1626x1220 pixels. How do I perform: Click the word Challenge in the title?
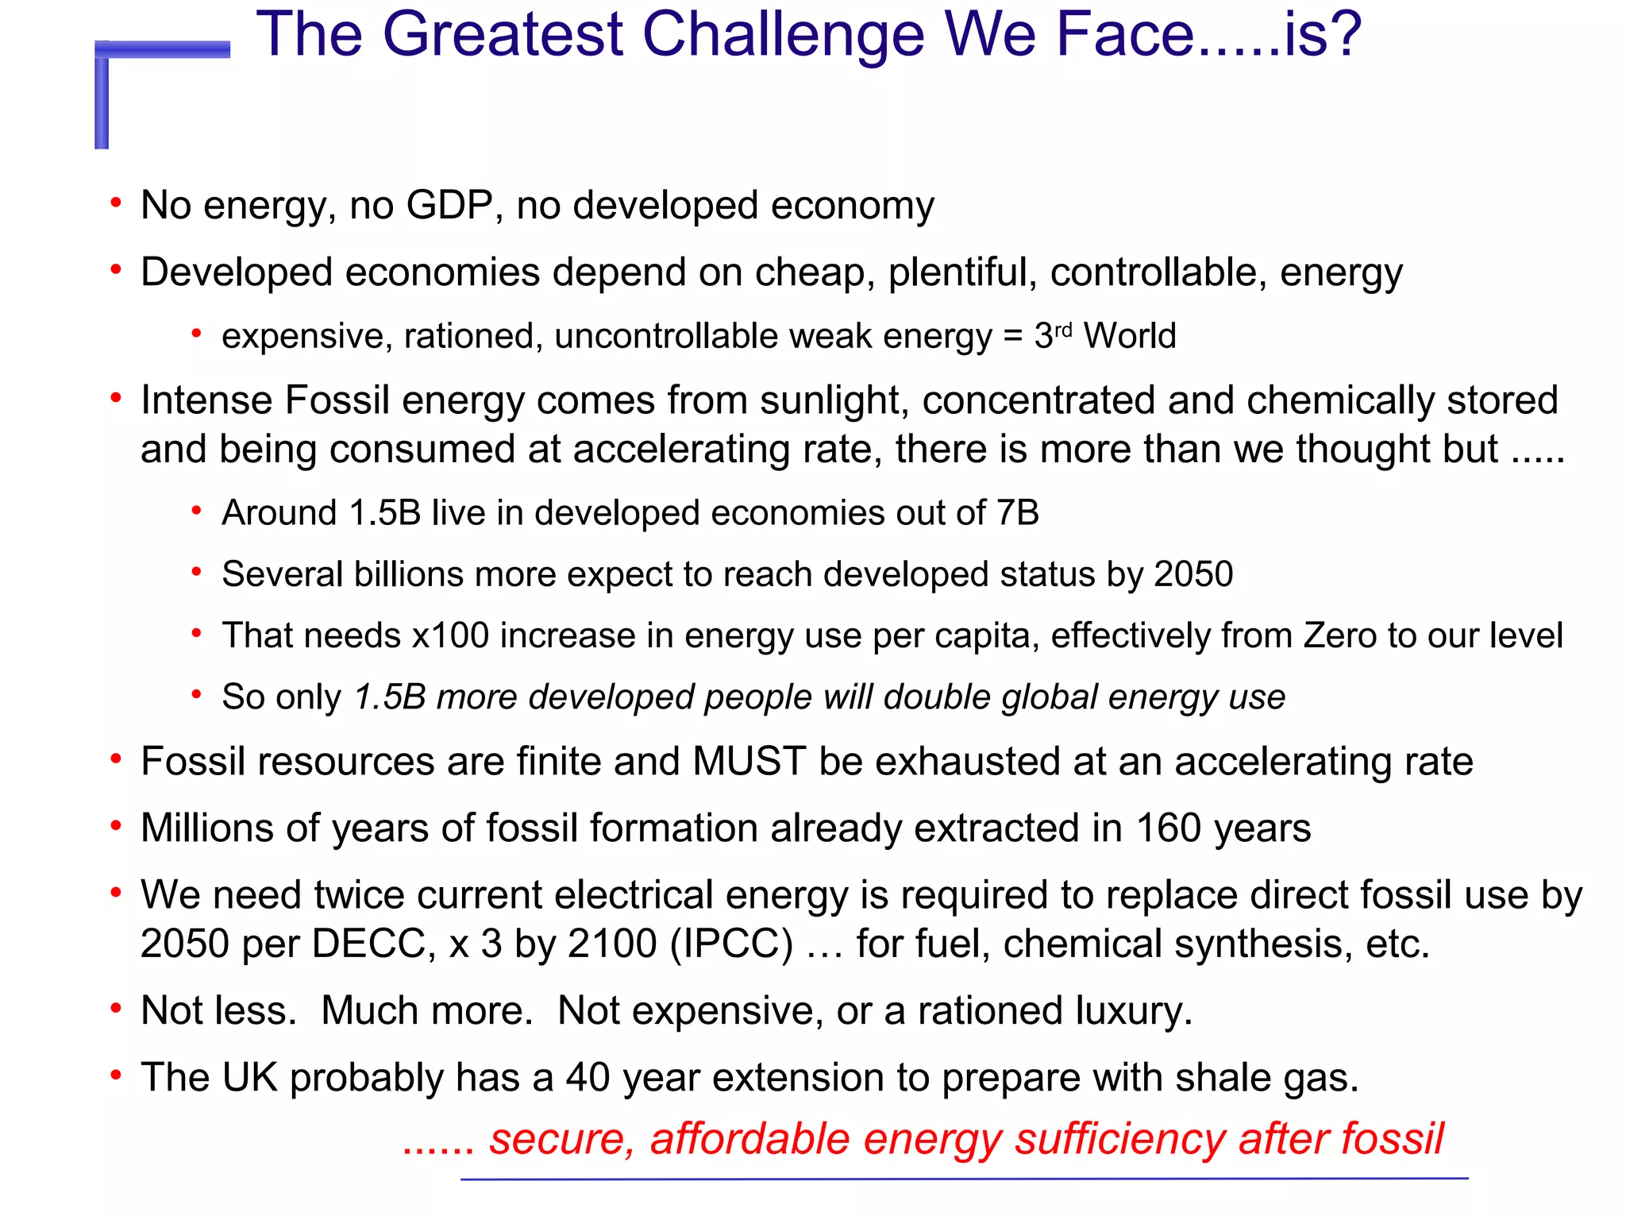(x=783, y=37)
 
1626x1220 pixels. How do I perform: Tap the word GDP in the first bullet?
(x=450, y=205)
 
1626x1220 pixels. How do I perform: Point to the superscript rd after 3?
(x=1063, y=328)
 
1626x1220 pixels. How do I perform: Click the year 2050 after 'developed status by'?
(x=1193, y=574)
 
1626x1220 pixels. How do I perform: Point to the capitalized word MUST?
(x=749, y=762)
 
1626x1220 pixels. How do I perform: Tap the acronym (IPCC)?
(x=731, y=944)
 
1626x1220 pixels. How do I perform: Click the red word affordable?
(x=750, y=1139)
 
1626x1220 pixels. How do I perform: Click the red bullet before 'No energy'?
(x=116, y=203)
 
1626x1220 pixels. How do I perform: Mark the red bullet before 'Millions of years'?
(x=116, y=826)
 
